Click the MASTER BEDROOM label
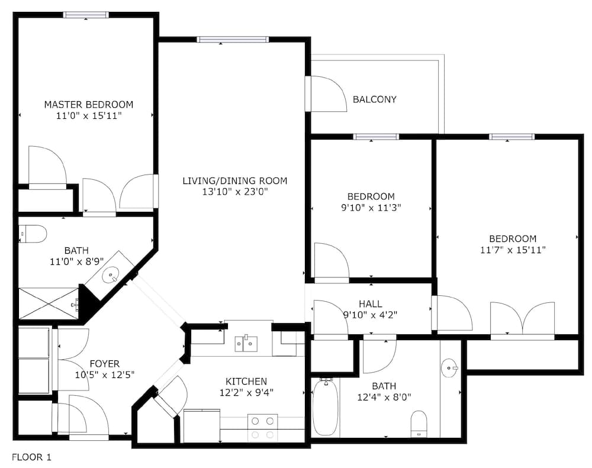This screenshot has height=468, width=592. point(89,105)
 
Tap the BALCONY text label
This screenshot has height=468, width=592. point(374,99)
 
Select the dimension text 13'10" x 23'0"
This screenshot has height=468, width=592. point(234,192)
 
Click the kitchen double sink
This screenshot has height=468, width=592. point(246,343)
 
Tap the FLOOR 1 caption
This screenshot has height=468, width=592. point(32,457)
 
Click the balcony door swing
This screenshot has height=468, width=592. point(327,93)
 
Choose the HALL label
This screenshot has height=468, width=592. point(370,304)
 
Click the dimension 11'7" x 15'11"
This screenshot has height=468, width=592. point(513,250)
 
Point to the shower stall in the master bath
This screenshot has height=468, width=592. point(49,304)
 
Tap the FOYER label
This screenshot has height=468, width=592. point(104,363)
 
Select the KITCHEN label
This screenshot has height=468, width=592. point(246,381)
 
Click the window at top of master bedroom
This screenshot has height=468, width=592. point(86,15)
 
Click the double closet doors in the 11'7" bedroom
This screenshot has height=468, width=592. point(522,319)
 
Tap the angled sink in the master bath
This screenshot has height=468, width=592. point(111,275)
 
